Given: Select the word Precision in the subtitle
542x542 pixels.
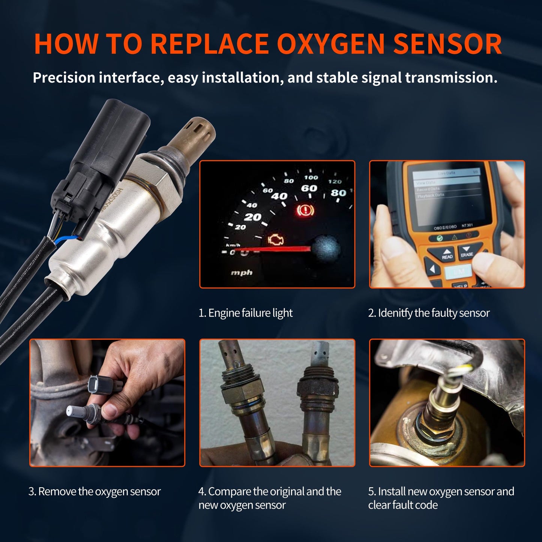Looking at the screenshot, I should pyautogui.click(x=64, y=78).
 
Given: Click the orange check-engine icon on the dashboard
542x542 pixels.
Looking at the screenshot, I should pyautogui.click(x=276, y=240).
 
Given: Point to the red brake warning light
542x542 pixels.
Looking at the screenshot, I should pyautogui.click(x=305, y=212).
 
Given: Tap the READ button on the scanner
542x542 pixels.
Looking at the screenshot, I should pyautogui.click(x=447, y=254).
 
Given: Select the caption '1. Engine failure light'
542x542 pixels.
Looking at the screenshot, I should pyautogui.click(x=245, y=313).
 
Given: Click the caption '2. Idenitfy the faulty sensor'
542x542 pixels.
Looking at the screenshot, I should pyautogui.click(x=429, y=313).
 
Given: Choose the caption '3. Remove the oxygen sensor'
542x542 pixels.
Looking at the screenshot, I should pyautogui.click(x=95, y=491).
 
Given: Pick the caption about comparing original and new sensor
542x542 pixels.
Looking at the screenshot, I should pyautogui.click(x=269, y=498).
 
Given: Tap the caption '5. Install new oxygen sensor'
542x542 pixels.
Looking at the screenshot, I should pyautogui.click(x=441, y=498).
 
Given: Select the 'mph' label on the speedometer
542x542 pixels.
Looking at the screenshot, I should pyautogui.click(x=242, y=273).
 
